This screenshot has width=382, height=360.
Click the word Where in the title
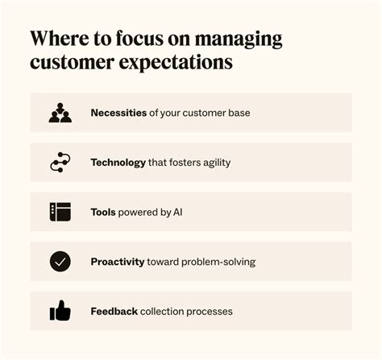pyautogui.click(x=60, y=38)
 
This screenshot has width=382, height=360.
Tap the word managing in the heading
pyautogui.click(x=239, y=39)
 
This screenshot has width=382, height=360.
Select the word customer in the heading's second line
pyautogui.click(x=72, y=63)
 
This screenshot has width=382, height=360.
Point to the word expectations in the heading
pyautogui.click(x=176, y=64)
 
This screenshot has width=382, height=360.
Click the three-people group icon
pyautogui.click(x=60, y=113)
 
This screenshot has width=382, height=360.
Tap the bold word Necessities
pyautogui.click(x=118, y=113)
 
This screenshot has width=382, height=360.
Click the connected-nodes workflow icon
pyautogui.click(x=60, y=162)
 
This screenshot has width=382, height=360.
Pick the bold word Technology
pyautogui.click(x=118, y=163)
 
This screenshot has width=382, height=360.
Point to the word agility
pyautogui.click(x=217, y=163)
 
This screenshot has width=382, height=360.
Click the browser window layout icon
pyautogui.click(x=60, y=212)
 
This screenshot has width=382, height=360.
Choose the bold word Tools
pyautogui.click(x=103, y=213)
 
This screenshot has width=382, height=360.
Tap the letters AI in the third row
pyautogui.click(x=178, y=213)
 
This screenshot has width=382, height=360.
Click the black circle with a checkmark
pyautogui.click(x=60, y=262)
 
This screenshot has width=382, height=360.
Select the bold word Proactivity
pyautogui.click(x=118, y=262)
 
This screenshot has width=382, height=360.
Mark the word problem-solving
pyautogui.click(x=218, y=262)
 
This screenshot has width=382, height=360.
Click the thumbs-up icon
pyautogui.click(x=60, y=311)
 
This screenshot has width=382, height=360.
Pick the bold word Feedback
pyautogui.click(x=114, y=312)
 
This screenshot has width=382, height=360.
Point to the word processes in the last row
pyautogui.click(x=210, y=312)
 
